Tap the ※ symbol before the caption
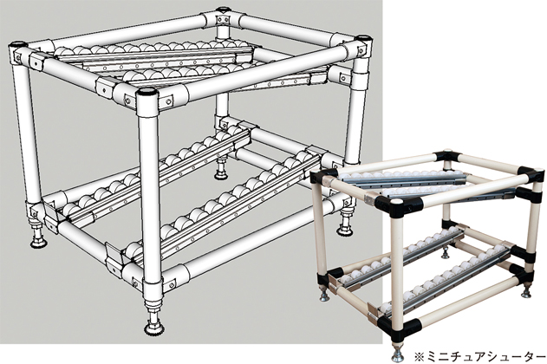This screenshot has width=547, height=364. (x=418, y=357)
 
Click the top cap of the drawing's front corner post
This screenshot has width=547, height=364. (x=147, y=93)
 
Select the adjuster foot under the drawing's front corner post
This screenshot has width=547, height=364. (x=153, y=321)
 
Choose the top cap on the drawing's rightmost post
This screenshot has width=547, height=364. (x=363, y=37)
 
